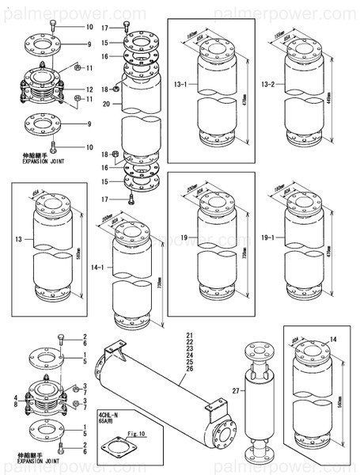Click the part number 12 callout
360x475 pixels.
pyautogui.click(x=89, y=89)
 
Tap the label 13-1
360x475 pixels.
pyautogui.click(x=179, y=83)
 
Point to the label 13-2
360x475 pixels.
pyautogui.click(x=267, y=83)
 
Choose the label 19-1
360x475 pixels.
pyautogui.click(x=268, y=237)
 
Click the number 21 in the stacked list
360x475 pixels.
pyautogui.click(x=188, y=337)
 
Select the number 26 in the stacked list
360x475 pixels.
pyautogui.click(x=188, y=369)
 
